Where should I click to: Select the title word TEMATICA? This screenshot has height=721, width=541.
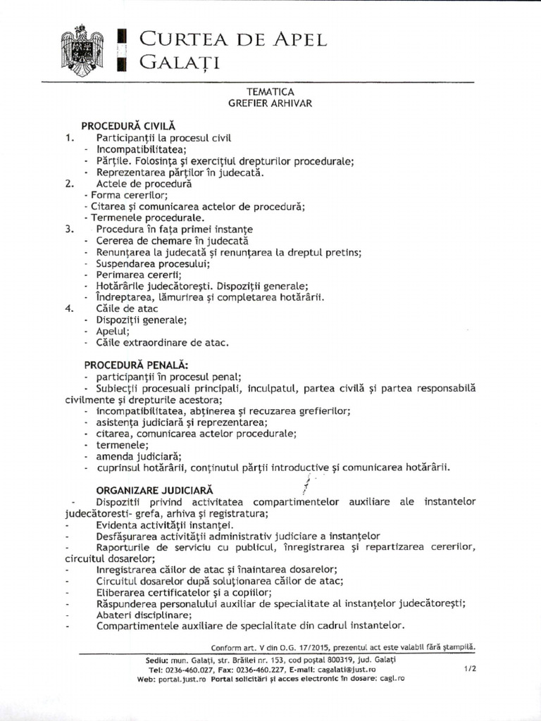pos(270,92)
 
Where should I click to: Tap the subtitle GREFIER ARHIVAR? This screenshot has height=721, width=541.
pos(270,103)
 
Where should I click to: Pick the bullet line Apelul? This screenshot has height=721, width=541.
pos(113,331)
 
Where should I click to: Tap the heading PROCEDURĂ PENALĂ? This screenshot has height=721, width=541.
pos(136,365)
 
